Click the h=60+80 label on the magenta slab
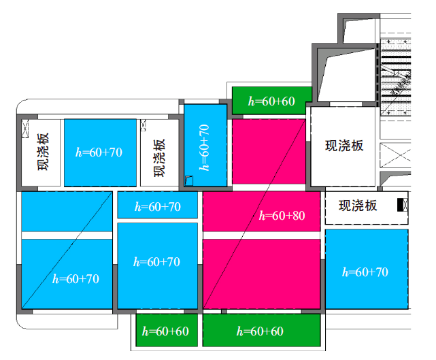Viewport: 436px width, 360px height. pos(282,216)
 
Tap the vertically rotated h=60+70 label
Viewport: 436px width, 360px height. pos(204,148)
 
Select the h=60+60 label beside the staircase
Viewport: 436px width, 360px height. pos(271,101)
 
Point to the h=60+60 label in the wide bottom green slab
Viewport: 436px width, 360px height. pos(260,331)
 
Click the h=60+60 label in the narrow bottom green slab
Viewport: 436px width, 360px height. pos(165,331)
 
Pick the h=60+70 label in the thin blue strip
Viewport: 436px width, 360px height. pos(158,207)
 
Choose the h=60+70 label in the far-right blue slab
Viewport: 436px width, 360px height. pos(365,272)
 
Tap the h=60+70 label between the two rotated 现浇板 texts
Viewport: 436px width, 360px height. pos(99,152)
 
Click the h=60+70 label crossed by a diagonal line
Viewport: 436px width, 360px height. pos(76,279)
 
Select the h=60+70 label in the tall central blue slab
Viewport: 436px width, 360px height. pos(156,262)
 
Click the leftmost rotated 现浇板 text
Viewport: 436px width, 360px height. pos(43,152)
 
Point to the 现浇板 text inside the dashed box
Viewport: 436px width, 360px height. pos(358,206)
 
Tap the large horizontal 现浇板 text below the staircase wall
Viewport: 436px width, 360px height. pos(344,146)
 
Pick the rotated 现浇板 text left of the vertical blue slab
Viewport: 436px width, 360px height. pos(160,158)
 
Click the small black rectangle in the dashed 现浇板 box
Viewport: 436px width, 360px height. pos(401,205)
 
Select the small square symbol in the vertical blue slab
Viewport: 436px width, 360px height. pos(189,180)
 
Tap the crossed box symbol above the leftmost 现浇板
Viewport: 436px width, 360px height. pos(25,129)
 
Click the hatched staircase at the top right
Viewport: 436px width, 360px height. pos(395,77)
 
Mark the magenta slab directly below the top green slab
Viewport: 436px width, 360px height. pos(269,152)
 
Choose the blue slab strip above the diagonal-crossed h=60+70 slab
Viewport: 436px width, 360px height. pos(67,212)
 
